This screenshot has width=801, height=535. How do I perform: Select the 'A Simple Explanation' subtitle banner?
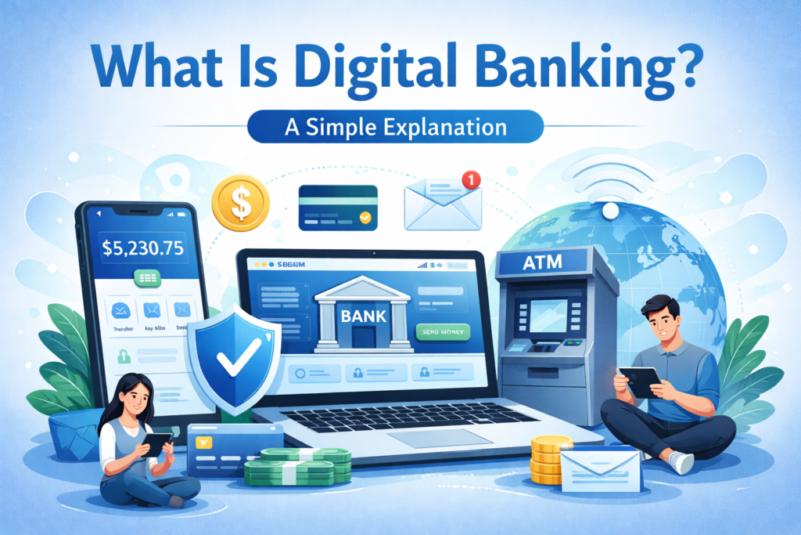395,125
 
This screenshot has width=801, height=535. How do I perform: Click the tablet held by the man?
640,381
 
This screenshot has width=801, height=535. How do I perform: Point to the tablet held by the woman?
157,444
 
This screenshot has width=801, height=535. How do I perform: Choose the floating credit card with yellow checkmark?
339,207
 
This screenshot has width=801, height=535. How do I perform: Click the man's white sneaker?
681,463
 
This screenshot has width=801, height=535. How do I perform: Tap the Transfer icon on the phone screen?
121,310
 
